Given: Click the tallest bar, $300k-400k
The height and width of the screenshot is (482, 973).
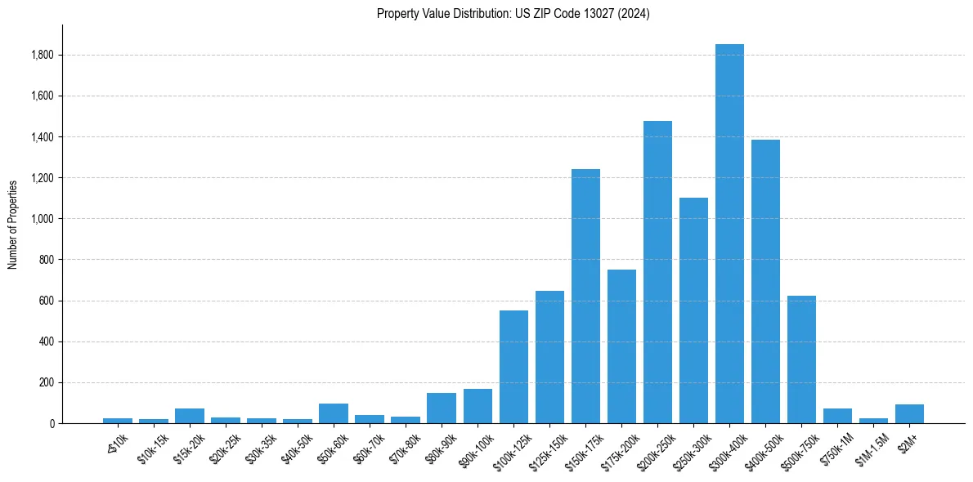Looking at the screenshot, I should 729,237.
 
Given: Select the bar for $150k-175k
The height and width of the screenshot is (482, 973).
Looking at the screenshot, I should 585,298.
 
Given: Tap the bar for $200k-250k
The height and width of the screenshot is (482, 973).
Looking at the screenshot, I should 657,274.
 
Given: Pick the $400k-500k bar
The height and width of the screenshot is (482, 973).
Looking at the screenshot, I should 765,282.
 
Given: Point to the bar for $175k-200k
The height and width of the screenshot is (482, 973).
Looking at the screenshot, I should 621,347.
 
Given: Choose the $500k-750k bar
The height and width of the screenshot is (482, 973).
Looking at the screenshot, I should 801,359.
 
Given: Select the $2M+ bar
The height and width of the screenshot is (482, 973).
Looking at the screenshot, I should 909,413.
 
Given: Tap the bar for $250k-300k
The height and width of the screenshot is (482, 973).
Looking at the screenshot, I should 693,310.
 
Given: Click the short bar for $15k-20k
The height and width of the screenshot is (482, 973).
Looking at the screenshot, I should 190,416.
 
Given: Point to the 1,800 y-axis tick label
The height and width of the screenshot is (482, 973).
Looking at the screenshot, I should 43,55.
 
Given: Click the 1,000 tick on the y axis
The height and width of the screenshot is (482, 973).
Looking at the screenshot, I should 43,219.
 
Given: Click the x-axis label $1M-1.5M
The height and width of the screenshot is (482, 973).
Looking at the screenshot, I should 872,446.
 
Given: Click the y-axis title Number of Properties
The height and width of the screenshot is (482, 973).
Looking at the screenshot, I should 13,224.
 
